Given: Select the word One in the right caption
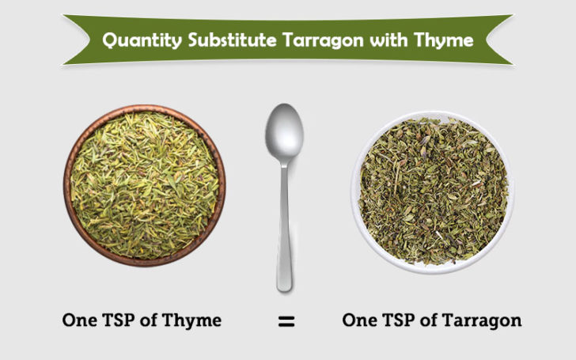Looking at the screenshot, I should pos(361,320).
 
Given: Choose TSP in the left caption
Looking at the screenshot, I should pos(123,320).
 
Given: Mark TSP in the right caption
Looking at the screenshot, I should pos(403,320).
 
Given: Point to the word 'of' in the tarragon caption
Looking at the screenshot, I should pos(436,320).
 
